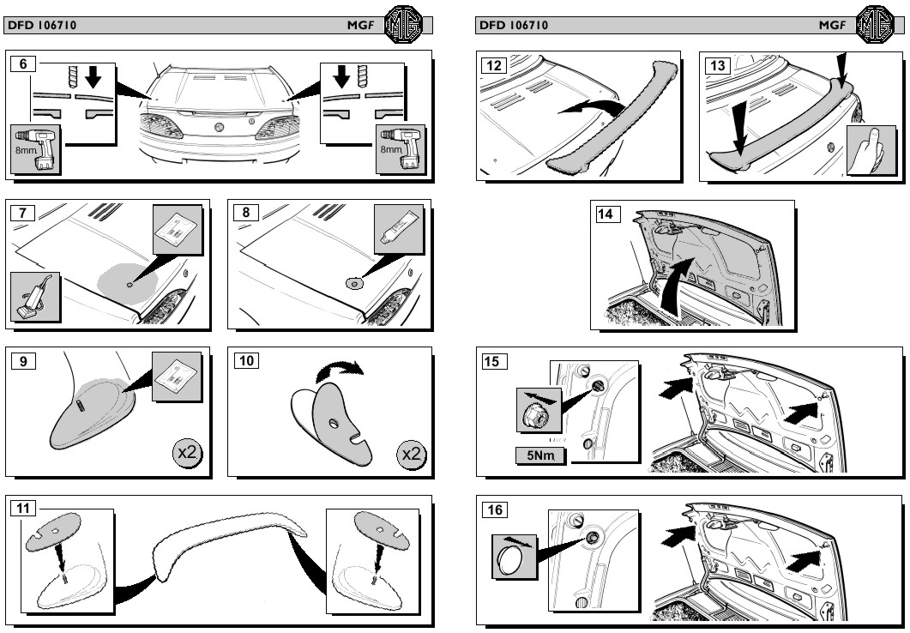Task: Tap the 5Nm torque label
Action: [539, 455]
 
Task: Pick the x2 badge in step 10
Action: [412, 452]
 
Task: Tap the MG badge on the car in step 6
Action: [220, 127]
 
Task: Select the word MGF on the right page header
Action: [831, 26]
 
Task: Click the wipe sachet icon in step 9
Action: [176, 376]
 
